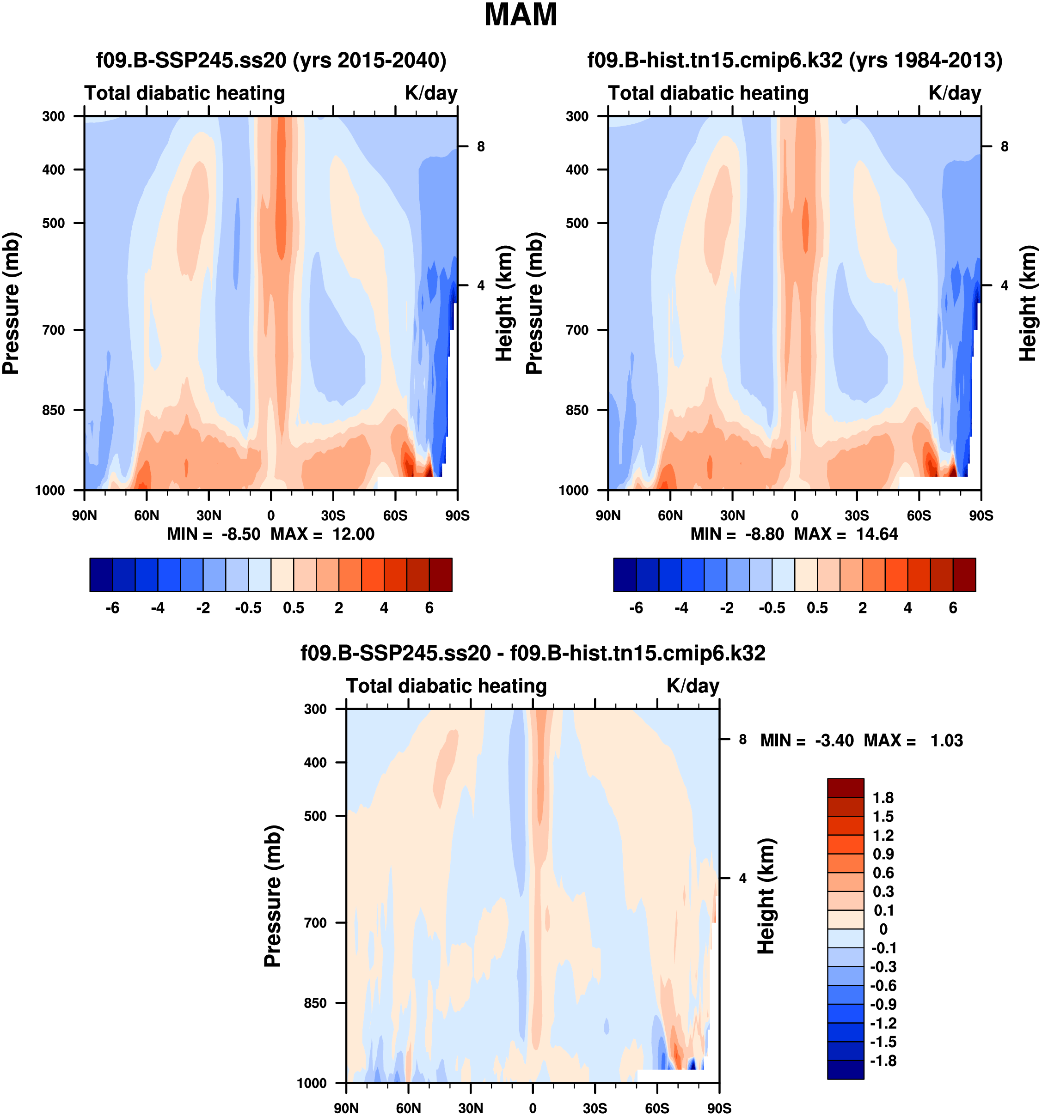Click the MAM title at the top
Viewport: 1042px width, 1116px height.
tap(520, 15)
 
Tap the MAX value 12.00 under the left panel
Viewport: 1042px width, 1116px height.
tap(353, 534)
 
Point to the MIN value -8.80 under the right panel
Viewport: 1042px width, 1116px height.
tap(764, 534)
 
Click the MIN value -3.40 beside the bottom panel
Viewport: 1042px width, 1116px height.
tap(834, 740)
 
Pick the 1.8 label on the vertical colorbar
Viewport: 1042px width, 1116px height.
tap(883, 798)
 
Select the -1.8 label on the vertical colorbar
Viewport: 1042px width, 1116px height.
tap(883, 1061)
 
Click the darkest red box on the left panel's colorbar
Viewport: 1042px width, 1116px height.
tap(441, 575)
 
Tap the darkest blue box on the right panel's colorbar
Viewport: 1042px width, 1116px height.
tap(625, 575)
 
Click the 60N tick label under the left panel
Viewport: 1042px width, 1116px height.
tap(147, 516)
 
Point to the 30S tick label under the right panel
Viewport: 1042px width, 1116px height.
tap(857, 516)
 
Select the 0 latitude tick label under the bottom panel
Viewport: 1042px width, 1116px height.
tap(533, 1108)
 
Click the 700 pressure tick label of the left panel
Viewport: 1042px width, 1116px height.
tap(54, 330)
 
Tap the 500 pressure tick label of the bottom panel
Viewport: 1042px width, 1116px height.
tap(316, 816)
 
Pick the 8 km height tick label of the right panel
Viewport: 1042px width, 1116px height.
tap(1005, 147)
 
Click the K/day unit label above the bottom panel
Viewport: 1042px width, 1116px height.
tap(693, 686)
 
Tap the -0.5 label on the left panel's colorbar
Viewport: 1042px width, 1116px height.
tap(248, 608)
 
